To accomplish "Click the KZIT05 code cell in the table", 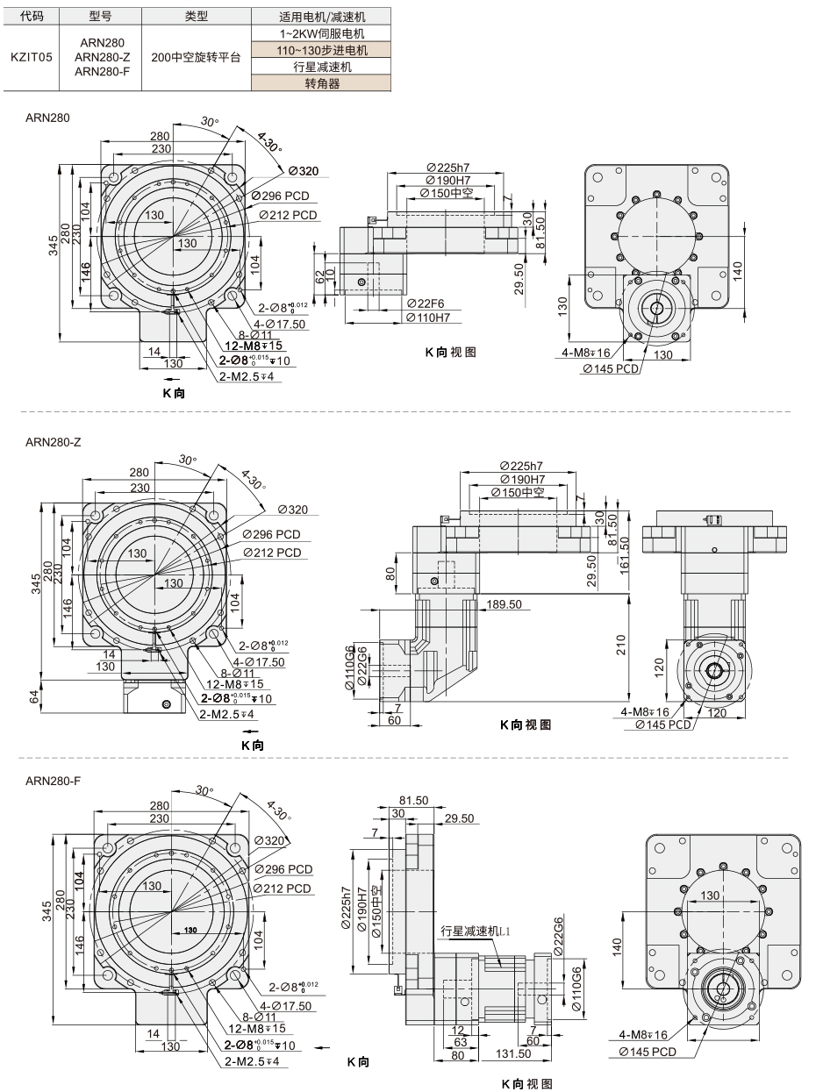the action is tap(31, 57).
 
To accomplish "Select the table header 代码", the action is tap(31, 17).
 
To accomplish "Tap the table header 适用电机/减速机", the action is tap(322, 18).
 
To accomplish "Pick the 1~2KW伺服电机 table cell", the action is tap(322, 34).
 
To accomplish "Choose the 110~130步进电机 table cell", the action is tap(322, 50).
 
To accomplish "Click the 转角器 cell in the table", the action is tap(322, 83).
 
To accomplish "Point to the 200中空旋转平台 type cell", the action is tap(196, 57).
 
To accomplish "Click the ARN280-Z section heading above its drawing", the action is tap(54, 442).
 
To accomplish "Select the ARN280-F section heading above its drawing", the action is tap(53, 781).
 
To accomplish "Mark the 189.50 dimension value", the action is tap(504, 604).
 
